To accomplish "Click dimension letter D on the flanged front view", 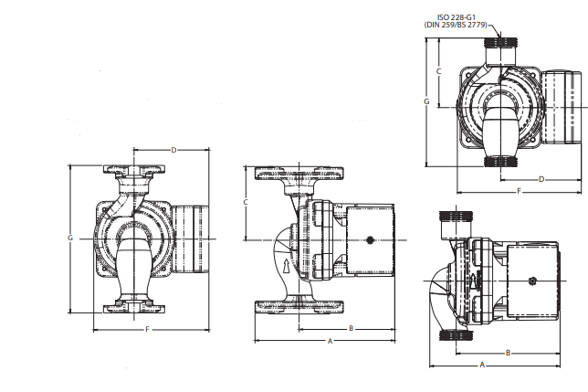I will click(x=173, y=149).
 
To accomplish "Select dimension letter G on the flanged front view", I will click(x=70, y=238).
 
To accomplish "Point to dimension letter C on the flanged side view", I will click(x=246, y=200).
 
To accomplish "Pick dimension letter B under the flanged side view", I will click(x=351, y=326).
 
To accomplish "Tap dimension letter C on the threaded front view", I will click(x=439, y=70).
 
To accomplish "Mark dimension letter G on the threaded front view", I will click(x=426, y=101).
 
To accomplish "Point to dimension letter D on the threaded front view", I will click(x=541, y=179).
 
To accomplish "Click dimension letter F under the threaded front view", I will click(x=519, y=191).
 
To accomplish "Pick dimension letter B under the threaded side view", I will click(x=508, y=352).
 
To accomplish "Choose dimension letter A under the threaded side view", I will click(x=482, y=364).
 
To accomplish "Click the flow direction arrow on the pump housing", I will click(x=289, y=269).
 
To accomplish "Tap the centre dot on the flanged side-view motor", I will click(x=369, y=241).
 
